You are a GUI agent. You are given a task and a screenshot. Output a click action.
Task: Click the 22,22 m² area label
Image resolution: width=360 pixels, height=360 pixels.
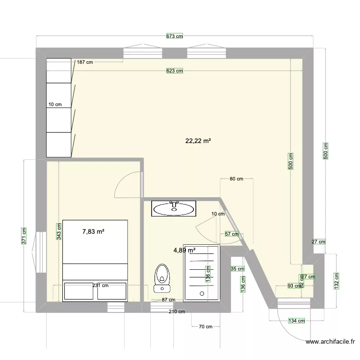click(x=198, y=141)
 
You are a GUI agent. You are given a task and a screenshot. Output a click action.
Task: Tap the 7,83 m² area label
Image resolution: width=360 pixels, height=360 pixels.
click(x=94, y=231)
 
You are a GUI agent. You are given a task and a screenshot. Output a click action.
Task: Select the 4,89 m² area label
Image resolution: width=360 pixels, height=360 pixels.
click(x=184, y=250)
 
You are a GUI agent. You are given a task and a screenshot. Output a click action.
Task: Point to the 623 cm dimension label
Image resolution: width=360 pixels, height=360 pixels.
click(x=175, y=71)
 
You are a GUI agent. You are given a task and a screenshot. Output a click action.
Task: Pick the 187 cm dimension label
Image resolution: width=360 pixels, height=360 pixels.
click(x=84, y=62)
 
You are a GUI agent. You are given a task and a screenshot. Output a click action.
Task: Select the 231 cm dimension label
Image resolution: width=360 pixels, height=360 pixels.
click(x=100, y=286)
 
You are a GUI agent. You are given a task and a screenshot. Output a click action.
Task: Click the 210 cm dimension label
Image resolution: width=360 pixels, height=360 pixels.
click(x=177, y=312)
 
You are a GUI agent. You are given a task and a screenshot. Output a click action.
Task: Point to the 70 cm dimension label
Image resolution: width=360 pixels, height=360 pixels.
click(x=205, y=327)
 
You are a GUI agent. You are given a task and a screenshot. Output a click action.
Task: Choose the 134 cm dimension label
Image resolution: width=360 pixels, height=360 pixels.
click(x=297, y=321)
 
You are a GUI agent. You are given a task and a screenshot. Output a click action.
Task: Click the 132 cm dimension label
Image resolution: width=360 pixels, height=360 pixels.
click(x=336, y=281)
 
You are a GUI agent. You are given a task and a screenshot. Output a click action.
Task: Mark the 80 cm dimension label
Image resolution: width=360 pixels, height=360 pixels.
click(x=236, y=179)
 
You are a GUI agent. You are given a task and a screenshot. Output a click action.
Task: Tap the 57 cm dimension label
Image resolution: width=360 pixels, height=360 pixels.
click(x=232, y=234)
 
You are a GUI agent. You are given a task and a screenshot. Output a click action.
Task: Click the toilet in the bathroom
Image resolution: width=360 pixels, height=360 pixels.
click(x=162, y=278)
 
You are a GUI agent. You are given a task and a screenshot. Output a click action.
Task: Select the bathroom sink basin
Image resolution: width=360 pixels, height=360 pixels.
click(x=174, y=208)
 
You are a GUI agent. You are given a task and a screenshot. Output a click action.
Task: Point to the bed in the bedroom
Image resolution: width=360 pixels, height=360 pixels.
click(x=95, y=249)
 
